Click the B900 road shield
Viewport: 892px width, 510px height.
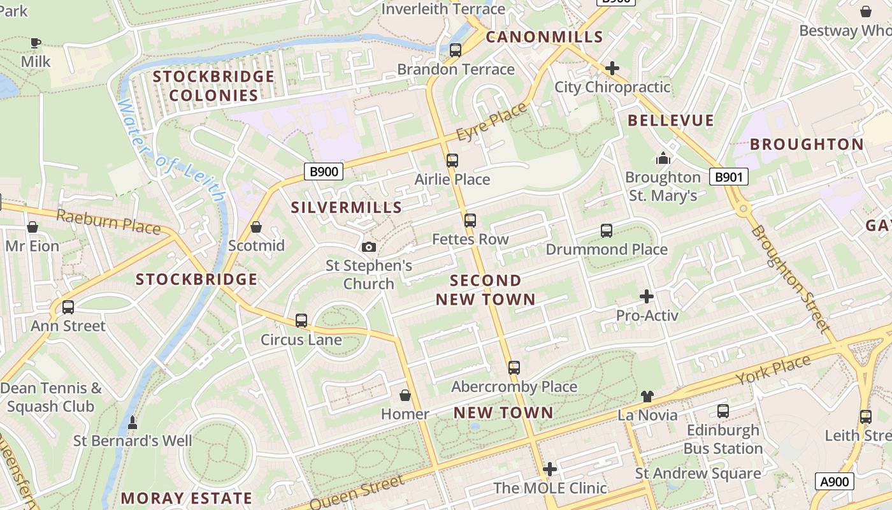tap(324, 171)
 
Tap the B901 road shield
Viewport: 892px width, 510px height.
tap(728, 177)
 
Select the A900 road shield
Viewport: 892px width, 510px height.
tap(834, 481)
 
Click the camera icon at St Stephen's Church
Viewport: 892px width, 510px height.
tap(368, 247)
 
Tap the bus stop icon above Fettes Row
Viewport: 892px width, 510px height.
tap(470, 221)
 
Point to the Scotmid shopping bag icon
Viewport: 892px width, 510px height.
tap(256, 227)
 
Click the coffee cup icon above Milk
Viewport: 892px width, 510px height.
tap(36, 43)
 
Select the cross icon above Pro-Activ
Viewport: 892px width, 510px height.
tap(647, 296)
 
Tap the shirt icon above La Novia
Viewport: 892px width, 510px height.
tap(647, 397)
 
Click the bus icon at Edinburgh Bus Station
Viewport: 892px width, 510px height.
tap(723, 411)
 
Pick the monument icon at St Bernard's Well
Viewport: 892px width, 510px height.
tap(133, 422)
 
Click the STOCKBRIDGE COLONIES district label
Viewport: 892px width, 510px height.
tap(213, 86)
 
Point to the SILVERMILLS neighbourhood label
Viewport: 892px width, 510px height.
tap(347, 207)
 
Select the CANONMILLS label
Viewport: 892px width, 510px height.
tap(544, 37)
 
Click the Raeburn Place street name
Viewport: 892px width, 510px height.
tap(108, 221)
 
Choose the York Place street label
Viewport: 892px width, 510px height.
tap(773, 370)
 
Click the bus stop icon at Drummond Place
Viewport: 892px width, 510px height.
tap(607, 231)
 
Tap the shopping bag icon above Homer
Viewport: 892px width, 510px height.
tap(405, 396)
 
